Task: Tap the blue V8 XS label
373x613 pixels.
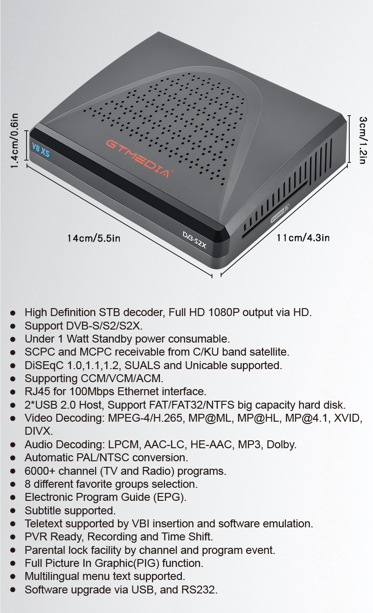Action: pos(41,150)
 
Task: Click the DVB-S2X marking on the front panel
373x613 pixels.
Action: pos(194,240)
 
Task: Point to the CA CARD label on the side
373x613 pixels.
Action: pos(280,214)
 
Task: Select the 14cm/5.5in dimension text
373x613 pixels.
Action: pos(94,238)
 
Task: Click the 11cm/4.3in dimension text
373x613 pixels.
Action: pos(303,237)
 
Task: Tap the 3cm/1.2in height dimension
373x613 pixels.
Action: pos(363,140)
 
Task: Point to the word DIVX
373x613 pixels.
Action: pos(39,431)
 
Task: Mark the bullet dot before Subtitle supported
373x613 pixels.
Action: pos(13,511)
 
